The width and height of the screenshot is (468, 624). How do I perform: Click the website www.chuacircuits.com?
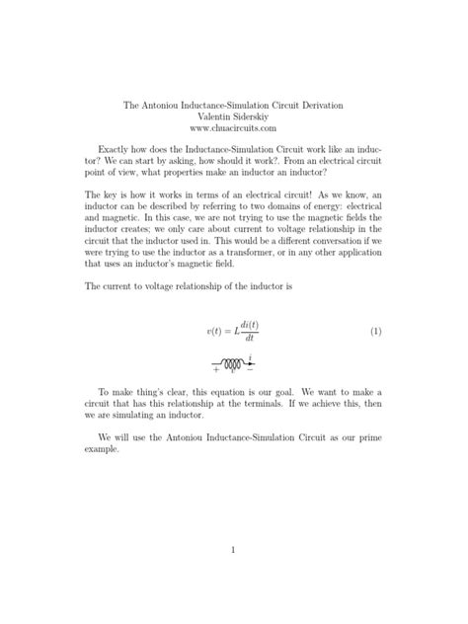point(234,127)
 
